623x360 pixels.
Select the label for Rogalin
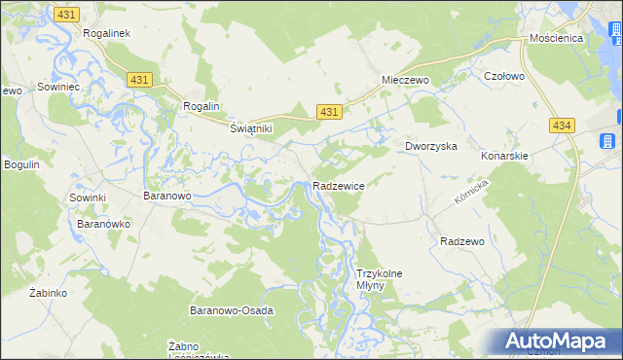(202, 106)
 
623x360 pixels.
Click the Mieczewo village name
(406, 81)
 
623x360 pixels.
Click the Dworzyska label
(431, 146)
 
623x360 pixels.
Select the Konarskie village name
(504, 156)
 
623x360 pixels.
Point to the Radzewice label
(339, 186)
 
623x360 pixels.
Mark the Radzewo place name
(462, 240)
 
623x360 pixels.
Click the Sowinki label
(87, 198)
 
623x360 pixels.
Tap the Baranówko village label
(104, 223)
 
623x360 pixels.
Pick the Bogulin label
(21, 164)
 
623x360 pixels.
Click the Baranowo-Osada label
(231, 310)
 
